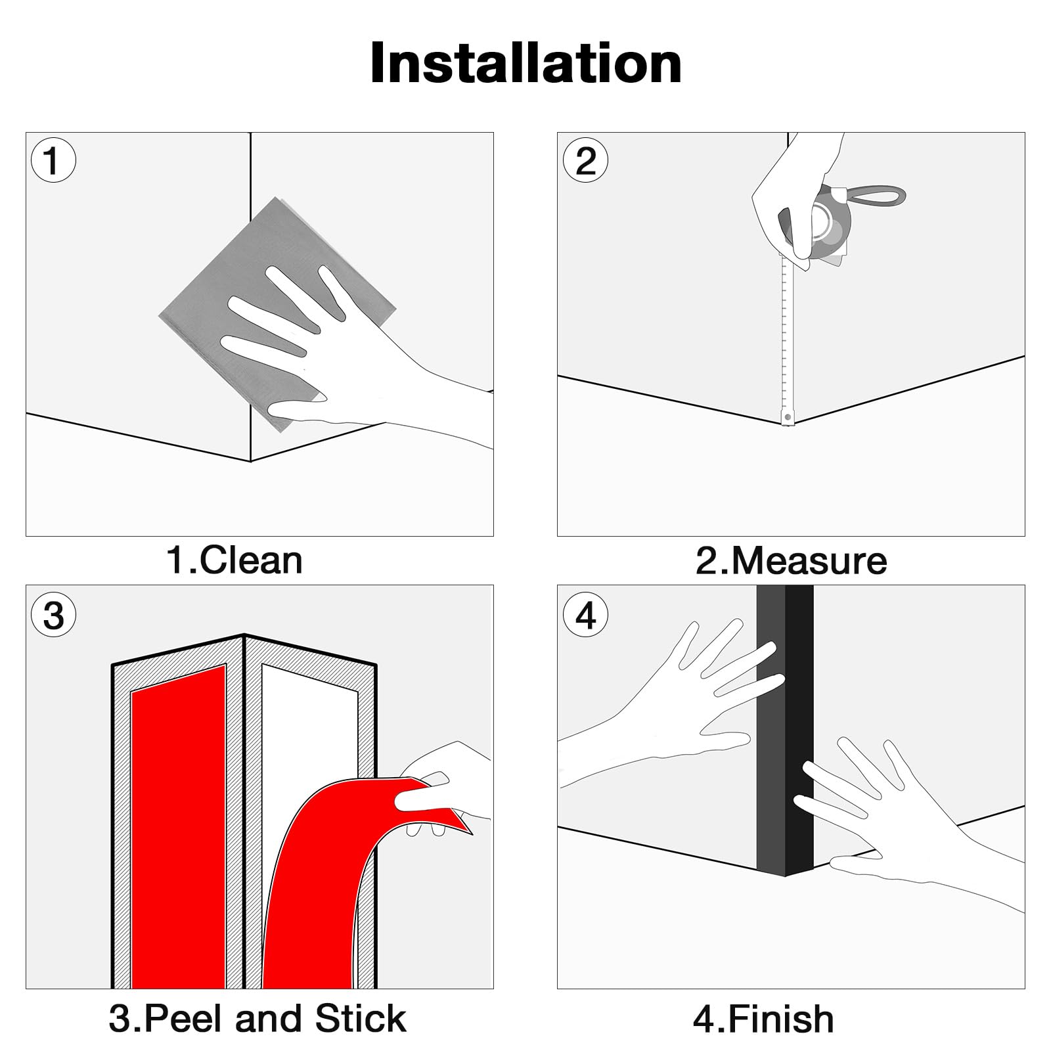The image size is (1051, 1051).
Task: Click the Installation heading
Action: [525, 64]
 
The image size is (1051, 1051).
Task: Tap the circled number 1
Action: [53, 160]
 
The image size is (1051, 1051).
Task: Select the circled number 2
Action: [585, 160]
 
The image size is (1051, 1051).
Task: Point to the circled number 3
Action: [53, 615]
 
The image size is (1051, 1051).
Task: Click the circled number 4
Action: [585, 615]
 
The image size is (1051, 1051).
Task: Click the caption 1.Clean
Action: [235, 560]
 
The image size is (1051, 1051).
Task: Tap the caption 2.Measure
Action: [791, 560]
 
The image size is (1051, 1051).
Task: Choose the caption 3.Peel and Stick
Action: [257, 1018]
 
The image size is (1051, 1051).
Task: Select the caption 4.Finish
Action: [763, 1019]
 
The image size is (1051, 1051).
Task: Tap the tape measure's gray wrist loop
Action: [874, 195]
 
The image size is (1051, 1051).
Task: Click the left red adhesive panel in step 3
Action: [179, 828]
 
